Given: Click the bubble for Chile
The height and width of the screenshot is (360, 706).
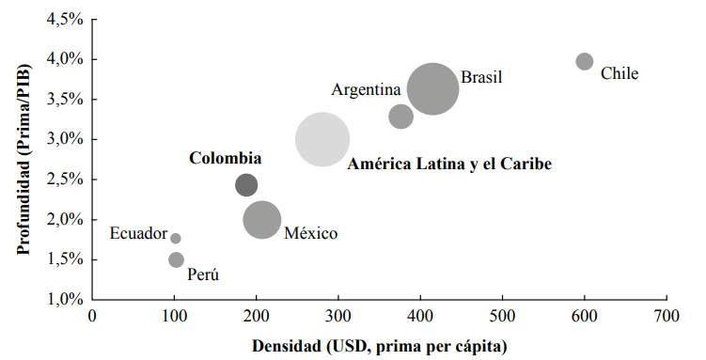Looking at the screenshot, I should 584,61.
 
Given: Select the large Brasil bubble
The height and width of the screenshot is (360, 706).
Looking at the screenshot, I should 433,89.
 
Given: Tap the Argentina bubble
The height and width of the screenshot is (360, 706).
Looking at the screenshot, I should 401,117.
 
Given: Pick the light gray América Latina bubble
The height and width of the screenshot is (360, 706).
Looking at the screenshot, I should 322,139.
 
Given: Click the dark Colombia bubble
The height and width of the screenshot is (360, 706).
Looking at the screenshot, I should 246,185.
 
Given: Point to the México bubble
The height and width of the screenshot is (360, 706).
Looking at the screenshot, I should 262,220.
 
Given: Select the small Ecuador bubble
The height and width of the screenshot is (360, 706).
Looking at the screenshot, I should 176,239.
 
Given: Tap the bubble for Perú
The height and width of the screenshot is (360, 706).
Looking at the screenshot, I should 176,259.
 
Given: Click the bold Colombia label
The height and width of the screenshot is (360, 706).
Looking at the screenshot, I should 226,159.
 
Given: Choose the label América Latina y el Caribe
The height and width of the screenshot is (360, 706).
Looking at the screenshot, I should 448,164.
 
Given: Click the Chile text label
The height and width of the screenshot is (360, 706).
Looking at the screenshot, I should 620,73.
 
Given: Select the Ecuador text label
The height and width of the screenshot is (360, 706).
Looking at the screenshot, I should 138,234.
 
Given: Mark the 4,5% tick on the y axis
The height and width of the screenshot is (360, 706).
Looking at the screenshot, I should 65,20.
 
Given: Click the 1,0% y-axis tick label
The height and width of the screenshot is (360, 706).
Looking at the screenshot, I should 65,300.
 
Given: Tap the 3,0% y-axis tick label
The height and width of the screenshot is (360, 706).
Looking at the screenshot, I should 65,140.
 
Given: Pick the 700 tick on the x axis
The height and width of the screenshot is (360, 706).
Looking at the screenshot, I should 667,318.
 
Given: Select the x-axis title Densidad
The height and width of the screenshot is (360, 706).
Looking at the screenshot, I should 379,345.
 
